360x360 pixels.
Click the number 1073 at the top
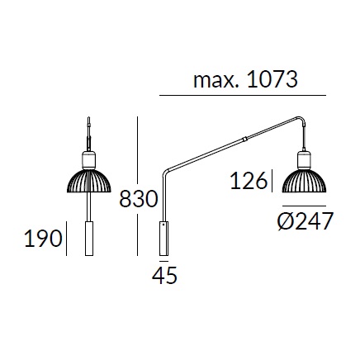[x=272, y=79]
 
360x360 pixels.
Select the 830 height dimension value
[x=139, y=199]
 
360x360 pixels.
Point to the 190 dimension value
[x=43, y=238]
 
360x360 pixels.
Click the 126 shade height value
[x=249, y=181]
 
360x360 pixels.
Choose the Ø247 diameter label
[x=306, y=221]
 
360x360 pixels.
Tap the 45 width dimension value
[x=164, y=276]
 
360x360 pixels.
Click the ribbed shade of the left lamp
[x=89, y=182]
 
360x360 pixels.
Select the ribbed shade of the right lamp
[x=304, y=181]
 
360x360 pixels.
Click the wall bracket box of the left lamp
[x=89, y=239]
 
